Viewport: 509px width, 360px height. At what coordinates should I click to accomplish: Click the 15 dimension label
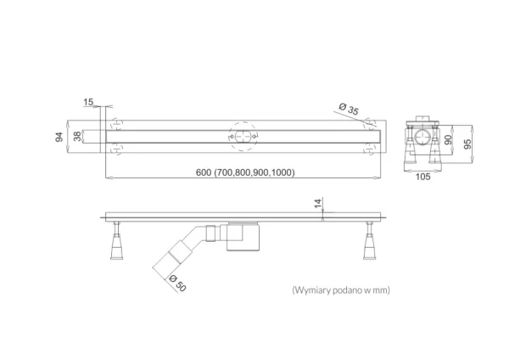point(88,102)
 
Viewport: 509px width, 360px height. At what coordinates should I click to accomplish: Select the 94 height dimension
point(59,137)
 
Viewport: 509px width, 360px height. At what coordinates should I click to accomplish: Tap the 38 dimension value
point(77,137)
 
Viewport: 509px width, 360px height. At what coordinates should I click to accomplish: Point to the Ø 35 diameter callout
point(349,109)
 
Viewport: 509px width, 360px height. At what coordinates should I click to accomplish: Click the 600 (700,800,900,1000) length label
point(245,172)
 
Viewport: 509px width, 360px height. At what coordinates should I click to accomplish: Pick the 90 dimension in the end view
point(448,140)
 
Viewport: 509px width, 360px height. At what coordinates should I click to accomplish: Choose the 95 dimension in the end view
point(467,144)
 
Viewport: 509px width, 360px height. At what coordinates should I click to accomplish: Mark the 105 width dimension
point(423,177)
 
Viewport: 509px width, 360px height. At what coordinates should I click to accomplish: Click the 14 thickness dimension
point(318,203)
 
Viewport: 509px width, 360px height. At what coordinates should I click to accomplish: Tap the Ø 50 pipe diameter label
point(177,283)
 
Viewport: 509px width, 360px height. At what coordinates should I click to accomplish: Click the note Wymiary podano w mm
point(341,290)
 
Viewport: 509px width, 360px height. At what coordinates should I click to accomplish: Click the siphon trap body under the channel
point(243,237)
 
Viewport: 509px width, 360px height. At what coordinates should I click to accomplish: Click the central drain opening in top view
point(243,137)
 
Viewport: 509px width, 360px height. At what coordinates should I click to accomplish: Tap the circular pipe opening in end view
point(423,138)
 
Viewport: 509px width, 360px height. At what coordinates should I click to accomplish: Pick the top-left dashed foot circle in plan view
point(117,125)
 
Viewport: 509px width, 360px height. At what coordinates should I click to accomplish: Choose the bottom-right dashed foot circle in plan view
point(369,149)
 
